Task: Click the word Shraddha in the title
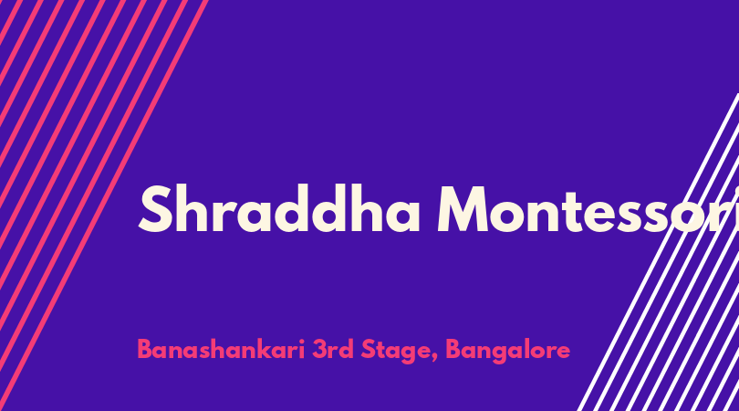(279, 209)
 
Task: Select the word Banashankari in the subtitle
(221, 350)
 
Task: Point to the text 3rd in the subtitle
(333, 350)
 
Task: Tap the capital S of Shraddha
(155, 209)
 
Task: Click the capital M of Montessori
(463, 209)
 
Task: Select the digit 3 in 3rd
(319, 350)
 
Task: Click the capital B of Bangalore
(453, 349)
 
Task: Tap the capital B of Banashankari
(145, 349)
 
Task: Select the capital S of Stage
(369, 350)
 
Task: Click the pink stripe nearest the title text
(104, 205)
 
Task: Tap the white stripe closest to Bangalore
(658, 252)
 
